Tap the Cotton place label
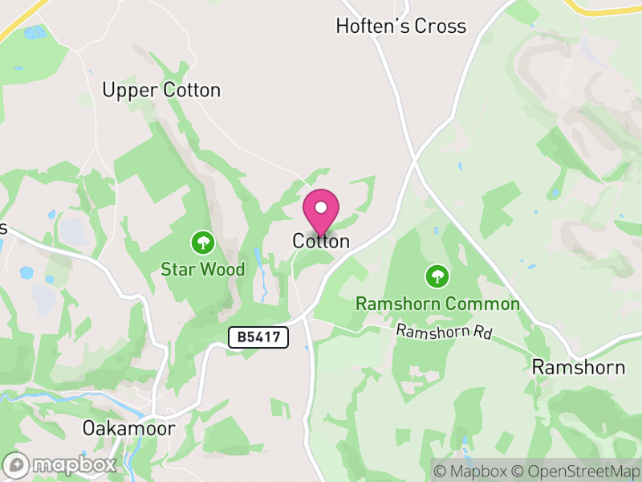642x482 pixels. click(321, 241)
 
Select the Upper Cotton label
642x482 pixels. click(161, 90)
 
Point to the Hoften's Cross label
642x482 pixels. click(400, 27)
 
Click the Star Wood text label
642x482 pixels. click(203, 270)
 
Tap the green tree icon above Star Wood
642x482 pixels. click(202, 241)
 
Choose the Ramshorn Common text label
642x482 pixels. click(437, 304)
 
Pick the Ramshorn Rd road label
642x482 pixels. click(444, 331)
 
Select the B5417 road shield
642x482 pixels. click(258, 337)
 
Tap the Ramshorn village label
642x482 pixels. click(579, 368)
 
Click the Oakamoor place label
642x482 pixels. click(129, 428)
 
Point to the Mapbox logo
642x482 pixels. click(60, 465)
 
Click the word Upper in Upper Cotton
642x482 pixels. click(130, 91)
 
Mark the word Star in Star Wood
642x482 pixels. click(178, 270)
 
